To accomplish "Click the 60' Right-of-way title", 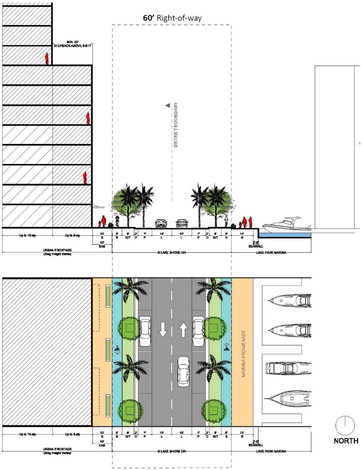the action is click(x=172, y=18).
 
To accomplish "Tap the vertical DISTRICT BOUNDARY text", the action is click(x=176, y=125).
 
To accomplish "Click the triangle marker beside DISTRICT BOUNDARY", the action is click(x=168, y=105).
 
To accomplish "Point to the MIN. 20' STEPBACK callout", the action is click(x=72, y=44).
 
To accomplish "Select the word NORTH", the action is click(x=346, y=441).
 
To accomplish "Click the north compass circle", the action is click(x=345, y=426).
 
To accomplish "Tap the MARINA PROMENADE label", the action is click(x=243, y=353).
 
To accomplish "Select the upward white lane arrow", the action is click(x=183, y=330).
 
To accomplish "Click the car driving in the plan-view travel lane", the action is click(x=183, y=371).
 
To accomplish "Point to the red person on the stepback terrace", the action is click(x=47, y=59).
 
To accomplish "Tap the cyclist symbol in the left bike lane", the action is click(x=117, y=349).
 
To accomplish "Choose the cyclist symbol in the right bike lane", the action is click(x=226, y=347).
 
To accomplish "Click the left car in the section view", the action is click(x=161, y=223).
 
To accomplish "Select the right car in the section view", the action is click(x=182, y=223).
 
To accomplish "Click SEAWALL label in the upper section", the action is click(x=256, y=246).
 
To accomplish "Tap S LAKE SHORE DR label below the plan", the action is click(x=172, y=451).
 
